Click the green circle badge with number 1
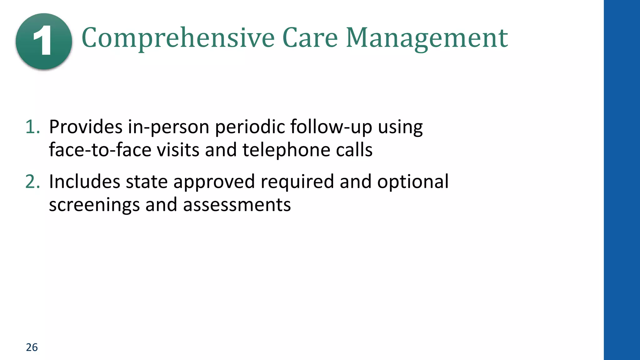[x=44, y=41]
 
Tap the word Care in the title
[x=310, y=38]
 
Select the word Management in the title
[x=427, y=38]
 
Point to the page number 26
[x=32, y=347]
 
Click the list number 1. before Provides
[x=32, y=127]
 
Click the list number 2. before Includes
[x=32, y=182]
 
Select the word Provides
[x=86, y=127]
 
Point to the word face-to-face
[x=100, y=150]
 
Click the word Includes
[x=84, y=182]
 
